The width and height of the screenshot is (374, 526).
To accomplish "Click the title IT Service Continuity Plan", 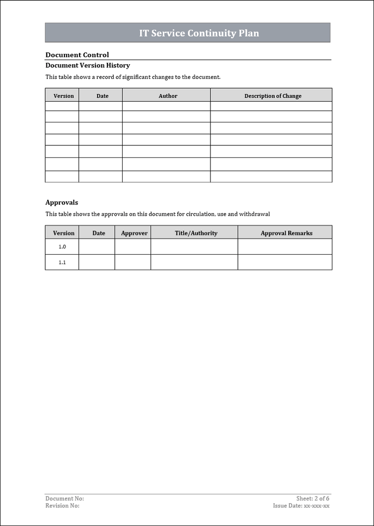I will click(199, 33).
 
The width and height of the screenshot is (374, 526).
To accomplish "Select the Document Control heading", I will click(77, 55).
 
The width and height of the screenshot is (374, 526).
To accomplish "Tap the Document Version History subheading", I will click(87, 65).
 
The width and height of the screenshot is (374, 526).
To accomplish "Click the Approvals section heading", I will click(61, 202).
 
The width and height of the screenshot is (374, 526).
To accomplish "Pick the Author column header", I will click(168, 96).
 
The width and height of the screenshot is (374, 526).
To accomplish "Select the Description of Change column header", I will click(273, 96).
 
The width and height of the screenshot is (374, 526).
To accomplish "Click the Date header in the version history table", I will click(102, 96).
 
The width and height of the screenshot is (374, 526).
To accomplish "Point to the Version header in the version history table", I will click(63, 96).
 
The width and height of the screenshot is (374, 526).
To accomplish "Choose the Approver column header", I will click(134, 233).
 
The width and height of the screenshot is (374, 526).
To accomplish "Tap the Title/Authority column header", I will click(196, 233).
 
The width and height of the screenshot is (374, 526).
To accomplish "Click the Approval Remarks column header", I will click(286, 233).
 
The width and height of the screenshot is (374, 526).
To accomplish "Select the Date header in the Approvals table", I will click(99, 233).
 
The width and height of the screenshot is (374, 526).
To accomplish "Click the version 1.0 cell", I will click(62, 247).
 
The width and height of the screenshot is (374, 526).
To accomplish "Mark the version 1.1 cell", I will click(62, 262).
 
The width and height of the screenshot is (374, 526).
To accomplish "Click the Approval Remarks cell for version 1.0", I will click(285, 247).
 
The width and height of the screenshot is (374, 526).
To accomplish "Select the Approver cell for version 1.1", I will click(133, 262).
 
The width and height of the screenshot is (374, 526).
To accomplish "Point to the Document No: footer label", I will click(64, 499).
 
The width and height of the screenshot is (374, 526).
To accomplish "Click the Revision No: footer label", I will click(62, 506).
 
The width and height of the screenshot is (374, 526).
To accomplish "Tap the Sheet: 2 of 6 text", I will click(313, 499).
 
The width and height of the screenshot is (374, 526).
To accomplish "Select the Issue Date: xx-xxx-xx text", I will click(301, 506).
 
